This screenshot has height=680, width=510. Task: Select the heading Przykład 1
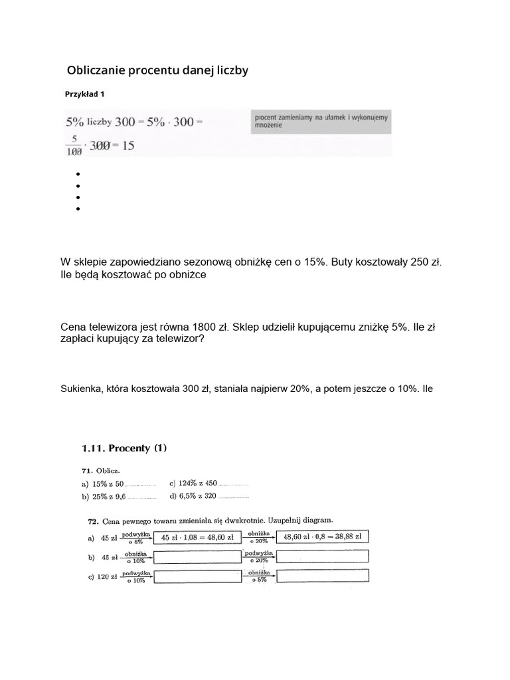tap(84, 94)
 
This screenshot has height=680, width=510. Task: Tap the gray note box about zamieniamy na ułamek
tap(321, 122)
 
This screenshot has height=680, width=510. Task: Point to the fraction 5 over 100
tap(74, 145)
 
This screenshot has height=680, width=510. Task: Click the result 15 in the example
tap(127, 145)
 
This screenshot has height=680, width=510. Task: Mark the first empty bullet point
tap(78, 175)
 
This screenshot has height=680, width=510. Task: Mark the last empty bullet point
tap(78, 209)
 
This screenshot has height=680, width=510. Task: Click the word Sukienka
tap(80, 388)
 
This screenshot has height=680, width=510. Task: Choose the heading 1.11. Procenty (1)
tap(124, 448)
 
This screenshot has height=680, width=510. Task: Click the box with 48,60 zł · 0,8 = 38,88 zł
tap(322, 537)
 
